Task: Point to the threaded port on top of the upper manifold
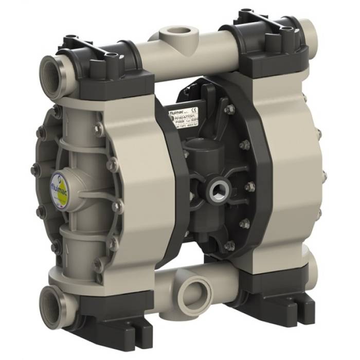(174, 39)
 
